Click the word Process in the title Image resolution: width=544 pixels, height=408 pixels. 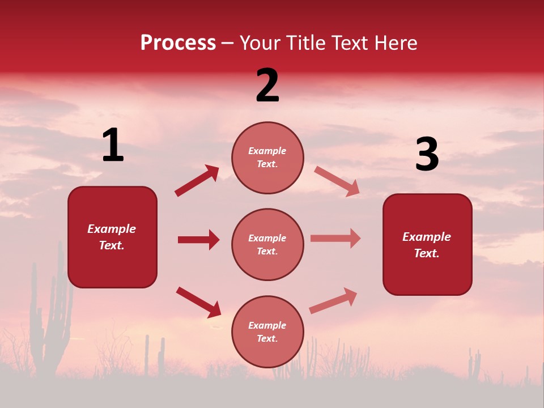point(178,43)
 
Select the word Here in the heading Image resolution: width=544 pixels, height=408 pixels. point(395,43)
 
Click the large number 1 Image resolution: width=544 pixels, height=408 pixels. point(113,146)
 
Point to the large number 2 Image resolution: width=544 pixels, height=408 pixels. point(267,86)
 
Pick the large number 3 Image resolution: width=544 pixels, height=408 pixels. point(427,155)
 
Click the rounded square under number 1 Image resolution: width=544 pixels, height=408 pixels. point(112,237)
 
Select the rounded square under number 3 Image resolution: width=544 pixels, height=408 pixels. point(427,244)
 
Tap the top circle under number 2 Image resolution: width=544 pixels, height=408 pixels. point(267,158)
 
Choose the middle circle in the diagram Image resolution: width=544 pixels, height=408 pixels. point(267,244)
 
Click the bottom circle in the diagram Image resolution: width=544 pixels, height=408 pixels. point(267,331)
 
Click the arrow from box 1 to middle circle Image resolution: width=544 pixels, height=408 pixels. point(198,240)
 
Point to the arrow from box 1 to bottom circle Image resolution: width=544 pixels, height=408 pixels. point(198,302)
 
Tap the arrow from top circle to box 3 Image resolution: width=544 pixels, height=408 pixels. point(337,181)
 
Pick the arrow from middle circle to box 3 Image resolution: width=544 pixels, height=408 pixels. point(335,238)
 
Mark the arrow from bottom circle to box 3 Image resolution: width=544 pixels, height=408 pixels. point(333,301)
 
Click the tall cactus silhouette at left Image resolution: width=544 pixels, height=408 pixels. point(52,317)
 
